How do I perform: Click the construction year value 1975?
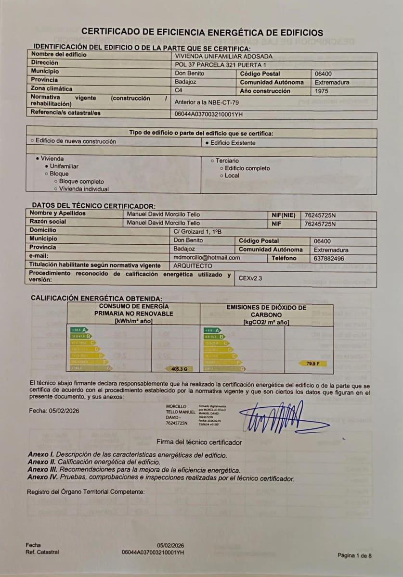323,91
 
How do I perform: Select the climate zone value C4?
179,90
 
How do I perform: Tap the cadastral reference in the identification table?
209,114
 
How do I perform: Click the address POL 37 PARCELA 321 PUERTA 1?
221,64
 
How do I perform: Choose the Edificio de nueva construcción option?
73,141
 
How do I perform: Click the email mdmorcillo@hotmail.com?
207,258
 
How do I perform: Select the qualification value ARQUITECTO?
193,265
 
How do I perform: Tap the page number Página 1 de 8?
354,555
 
